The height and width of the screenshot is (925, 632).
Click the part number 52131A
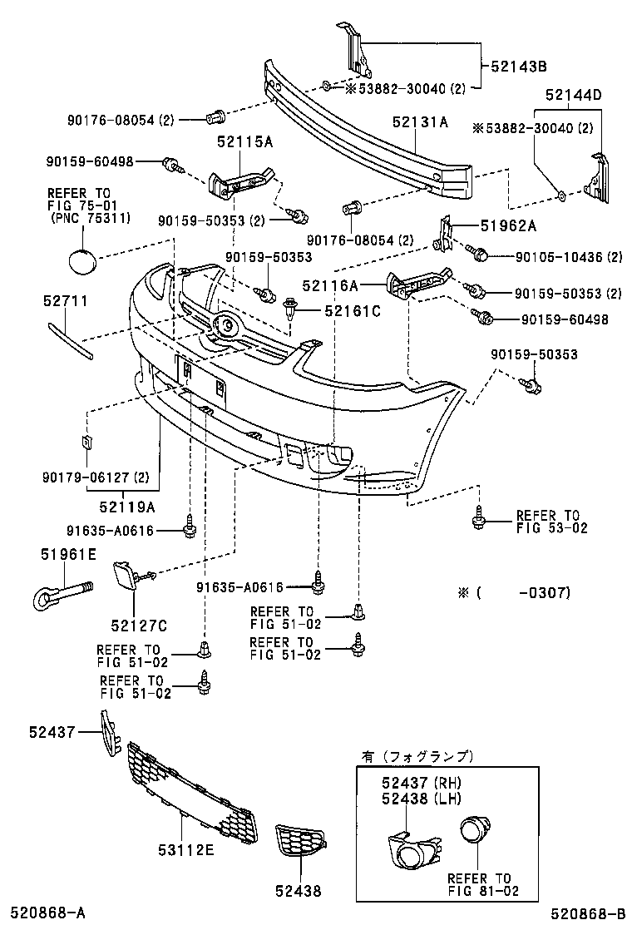(x=420, y=122)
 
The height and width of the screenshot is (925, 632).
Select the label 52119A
(x=129, y=504)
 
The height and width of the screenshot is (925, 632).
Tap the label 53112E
(x=185, y=848)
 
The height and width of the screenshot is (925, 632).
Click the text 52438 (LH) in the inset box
(x=422, y=799)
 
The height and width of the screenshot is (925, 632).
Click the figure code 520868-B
(x=585, y=913)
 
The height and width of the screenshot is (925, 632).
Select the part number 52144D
(x=573, y=95)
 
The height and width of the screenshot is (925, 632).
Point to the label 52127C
(x=138, y=624)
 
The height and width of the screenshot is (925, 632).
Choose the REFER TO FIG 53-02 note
(x=547, y=521)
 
